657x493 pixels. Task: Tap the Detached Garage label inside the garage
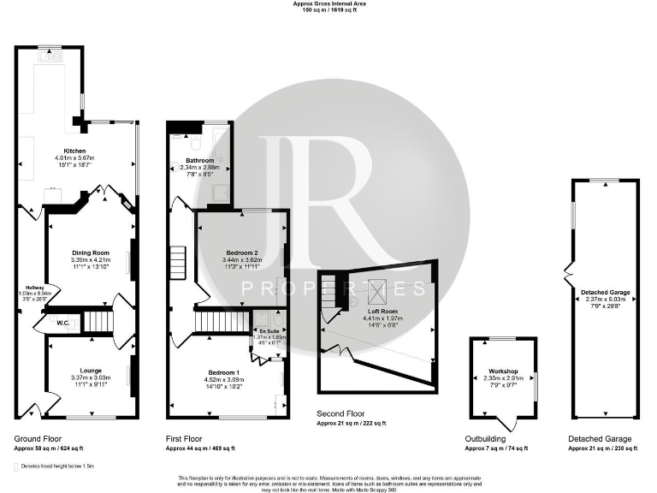(606, 293)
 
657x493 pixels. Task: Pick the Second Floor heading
(340, 413)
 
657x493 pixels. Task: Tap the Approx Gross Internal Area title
(328, 3)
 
